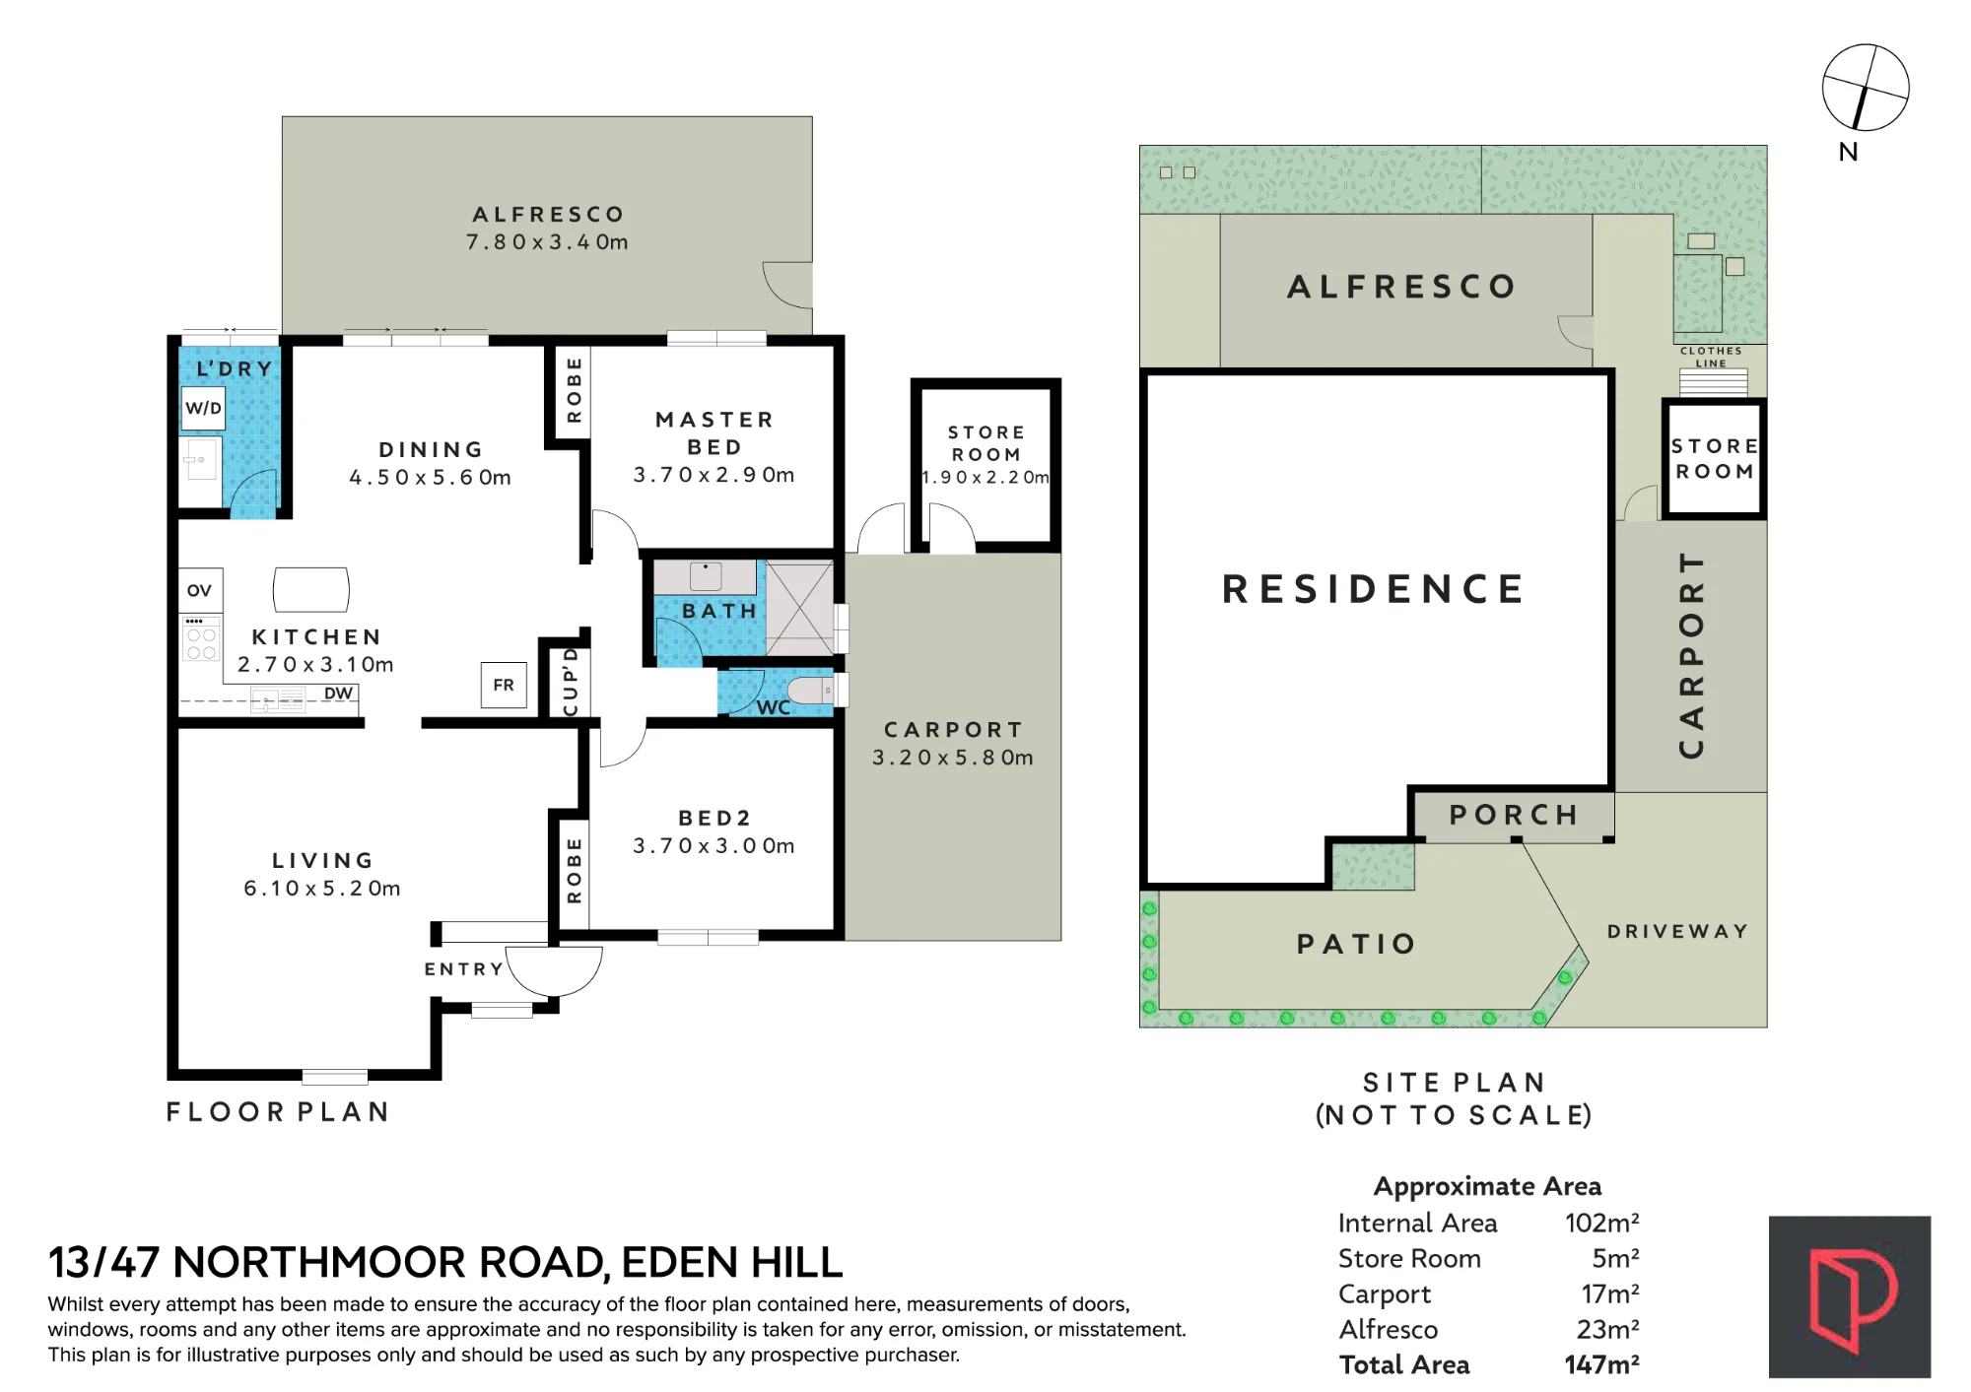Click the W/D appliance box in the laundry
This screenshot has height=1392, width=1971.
(x=204, y=408)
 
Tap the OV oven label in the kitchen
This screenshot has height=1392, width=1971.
(x=199, y=590)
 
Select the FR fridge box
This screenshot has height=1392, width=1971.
(x=504, y=685)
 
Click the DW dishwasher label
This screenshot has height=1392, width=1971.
(x=338, y=694)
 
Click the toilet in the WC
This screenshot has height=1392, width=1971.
(x=812, y=690)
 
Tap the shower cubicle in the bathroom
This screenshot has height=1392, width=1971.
(x=799, y=608)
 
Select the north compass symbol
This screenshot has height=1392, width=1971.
(x=1865, y=88)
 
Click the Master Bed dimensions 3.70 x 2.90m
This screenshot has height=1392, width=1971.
(x=714, y=475)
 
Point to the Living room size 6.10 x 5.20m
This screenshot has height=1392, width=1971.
(x=322, y=889)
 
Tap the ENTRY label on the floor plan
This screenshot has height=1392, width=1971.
(x=464, y=969)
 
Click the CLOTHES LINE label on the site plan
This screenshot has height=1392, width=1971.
(x=1711, y=357)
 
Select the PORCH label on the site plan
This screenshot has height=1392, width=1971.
(x=1514, y=815)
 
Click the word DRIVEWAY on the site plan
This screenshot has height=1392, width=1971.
(x=1677, y=931)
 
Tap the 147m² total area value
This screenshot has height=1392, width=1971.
(x=1601, y=1364)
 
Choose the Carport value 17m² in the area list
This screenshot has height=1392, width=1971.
(x=1610, y=1293)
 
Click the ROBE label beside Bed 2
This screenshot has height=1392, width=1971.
(x=575, y=871)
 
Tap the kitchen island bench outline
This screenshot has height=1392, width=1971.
(x=311, y=590)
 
